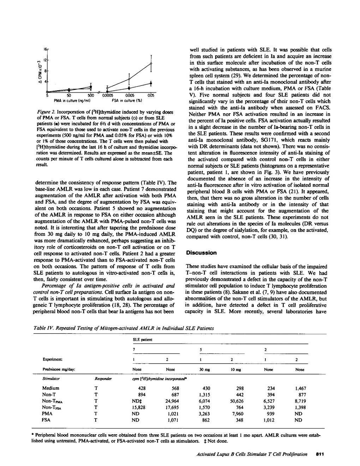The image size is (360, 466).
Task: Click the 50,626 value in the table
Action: click(236, 401)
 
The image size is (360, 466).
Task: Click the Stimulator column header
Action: click(51, 378)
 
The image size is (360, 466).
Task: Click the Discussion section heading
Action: click(201, 253)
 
